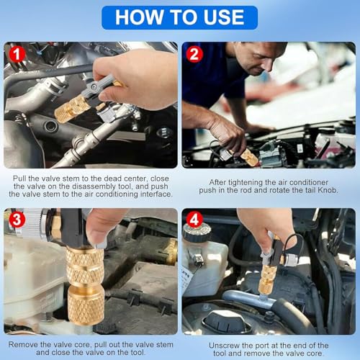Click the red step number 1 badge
[x=17, y=54]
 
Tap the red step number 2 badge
[x=194, y=54]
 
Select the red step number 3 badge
[x=17, y=219]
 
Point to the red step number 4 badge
[x=194, y=219]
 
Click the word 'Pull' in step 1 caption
[x=19, y=179]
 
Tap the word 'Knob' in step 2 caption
[x=328, y=190]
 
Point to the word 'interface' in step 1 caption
[x=156, y=194]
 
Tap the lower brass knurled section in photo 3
[x=86, y=305]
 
